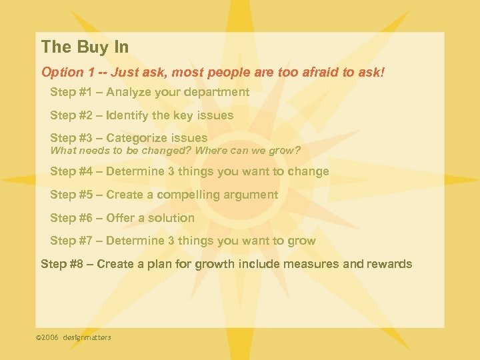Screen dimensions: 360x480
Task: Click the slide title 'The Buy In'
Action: pos(85,47)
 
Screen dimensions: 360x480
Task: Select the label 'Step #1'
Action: pos(69,92)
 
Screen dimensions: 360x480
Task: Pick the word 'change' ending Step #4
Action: pos(308,171)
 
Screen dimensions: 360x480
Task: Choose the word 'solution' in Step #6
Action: pos(172,218)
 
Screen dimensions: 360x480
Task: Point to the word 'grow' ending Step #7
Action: pos(303,241)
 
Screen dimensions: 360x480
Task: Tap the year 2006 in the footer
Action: pos(51,337)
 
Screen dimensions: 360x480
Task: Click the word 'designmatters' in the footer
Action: pos(87,337)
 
